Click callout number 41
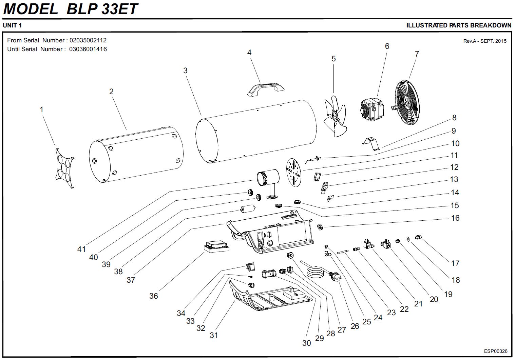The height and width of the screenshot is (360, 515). [81, 249]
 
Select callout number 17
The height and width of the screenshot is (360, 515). [455, 263]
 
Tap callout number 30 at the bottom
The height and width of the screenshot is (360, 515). [306, 343]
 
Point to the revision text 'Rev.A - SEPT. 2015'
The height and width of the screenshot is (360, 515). [484, 41]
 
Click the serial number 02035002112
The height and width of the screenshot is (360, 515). [88, 40]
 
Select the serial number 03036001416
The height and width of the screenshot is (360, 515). [88, 49]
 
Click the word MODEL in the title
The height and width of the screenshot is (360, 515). [31, 9]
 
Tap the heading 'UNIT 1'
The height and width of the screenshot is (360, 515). [12, 25]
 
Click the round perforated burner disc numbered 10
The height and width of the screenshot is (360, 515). [294, 172]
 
